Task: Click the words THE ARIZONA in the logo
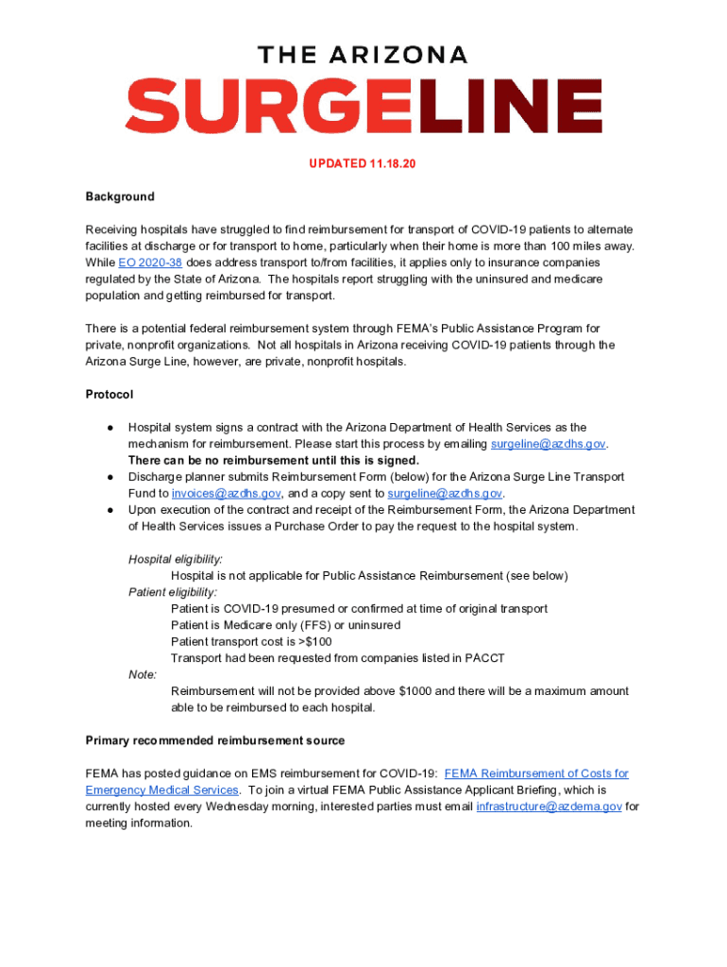(363, 55)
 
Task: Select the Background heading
(120, 196)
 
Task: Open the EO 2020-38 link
(150, 263)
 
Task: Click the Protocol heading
(110, 394)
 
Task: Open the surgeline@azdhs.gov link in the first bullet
(549, 444)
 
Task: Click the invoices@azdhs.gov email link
(226, 493)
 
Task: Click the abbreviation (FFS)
(307, 625)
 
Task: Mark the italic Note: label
(143, 674)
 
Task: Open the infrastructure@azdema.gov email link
(549, 806)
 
